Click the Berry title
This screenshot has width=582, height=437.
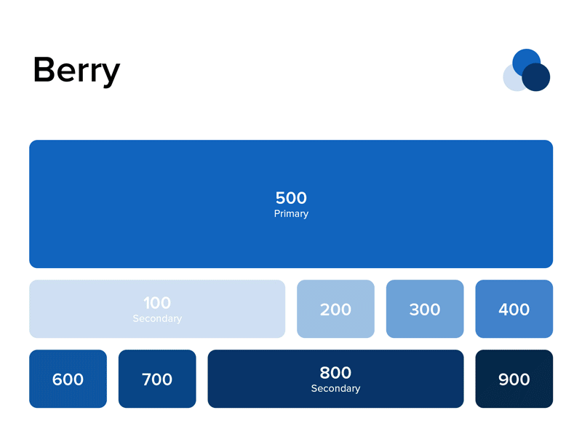pos(76,71)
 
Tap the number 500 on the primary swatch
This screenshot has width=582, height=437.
pos(291,197)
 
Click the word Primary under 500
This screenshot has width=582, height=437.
pos(291,214)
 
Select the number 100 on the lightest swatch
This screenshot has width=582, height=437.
pos(157,303)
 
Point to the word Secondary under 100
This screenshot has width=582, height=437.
pos(157,319)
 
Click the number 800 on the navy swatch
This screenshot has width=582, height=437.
pos(335,373)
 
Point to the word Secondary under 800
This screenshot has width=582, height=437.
pos(335,389)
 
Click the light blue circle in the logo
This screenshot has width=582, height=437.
pos(511,81)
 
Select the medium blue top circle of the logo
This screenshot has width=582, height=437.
pos(525,58)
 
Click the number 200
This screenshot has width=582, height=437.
pos(335,310)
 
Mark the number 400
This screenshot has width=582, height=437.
pos(514,310)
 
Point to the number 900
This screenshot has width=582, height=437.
pos(514,379)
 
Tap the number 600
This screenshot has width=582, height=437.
pos(68,379)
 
